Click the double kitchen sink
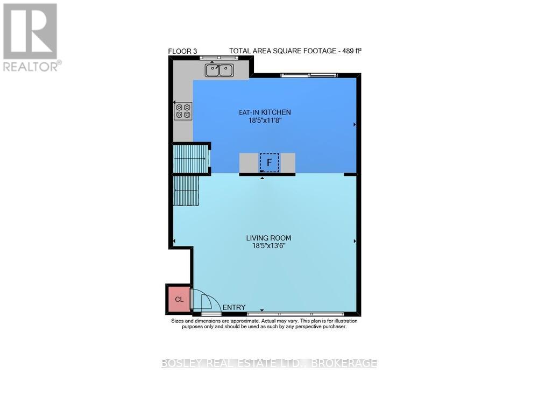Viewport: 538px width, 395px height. (218, 69)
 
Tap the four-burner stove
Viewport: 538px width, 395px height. (183, 111)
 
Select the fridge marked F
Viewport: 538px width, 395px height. (269, 162)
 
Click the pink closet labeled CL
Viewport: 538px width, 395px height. (179, 300)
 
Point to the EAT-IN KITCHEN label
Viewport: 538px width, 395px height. (265, 112)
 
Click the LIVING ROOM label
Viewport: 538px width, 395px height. (268, 237)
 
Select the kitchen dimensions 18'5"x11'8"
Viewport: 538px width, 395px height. (265, 121)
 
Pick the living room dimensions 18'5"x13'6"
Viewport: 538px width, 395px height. (268, 245)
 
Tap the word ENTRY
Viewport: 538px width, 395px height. (234, 307)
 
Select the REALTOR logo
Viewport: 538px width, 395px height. (31, 37)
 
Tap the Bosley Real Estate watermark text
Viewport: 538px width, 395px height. (269, 363)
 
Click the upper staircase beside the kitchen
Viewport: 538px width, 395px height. (190, 158)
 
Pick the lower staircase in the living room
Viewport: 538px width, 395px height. (186, 191)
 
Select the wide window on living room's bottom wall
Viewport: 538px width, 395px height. (295, 313)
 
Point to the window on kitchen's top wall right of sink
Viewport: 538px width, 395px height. (309, 74)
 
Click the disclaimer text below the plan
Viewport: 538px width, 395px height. (264, 323)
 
